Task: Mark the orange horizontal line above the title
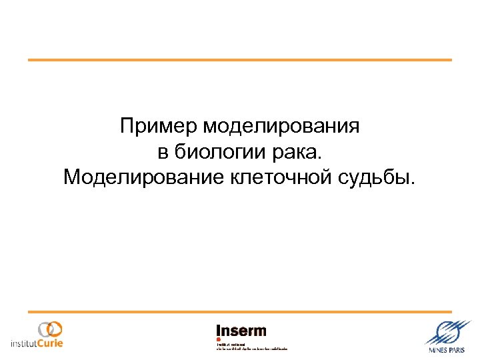point(240,60)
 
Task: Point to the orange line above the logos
point(240,312)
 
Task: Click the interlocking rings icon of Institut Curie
point(50,329)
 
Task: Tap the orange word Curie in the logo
point(49,344)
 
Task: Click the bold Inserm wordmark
point(241,331)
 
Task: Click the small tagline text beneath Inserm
point(252,347)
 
